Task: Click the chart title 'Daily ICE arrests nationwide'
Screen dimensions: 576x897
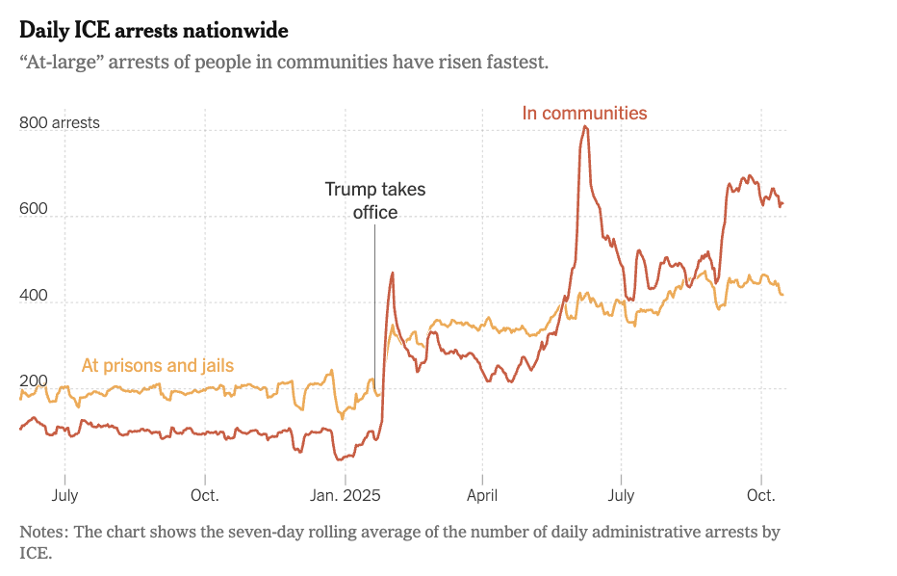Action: click(154, 31)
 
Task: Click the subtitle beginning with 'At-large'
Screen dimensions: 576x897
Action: click(284, 63)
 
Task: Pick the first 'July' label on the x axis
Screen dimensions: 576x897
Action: click(64, 495)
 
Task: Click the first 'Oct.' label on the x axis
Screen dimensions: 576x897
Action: click(205, 495)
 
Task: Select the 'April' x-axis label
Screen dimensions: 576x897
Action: click(483, 495)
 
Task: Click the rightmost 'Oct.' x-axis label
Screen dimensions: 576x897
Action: click(761, 495)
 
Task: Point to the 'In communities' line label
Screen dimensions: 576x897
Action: click(584, 113)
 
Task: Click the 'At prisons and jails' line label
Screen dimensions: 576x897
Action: click(158, 365)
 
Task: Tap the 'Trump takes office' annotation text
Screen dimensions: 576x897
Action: click(374, 200)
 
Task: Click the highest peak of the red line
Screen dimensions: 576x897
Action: click(585, 127)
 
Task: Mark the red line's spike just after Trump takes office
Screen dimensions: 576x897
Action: click(392, 274)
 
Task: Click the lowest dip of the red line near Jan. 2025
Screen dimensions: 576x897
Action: click(340, 458)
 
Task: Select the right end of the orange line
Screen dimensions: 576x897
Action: click(782, 295)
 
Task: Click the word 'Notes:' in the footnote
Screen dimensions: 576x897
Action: click(43, 532)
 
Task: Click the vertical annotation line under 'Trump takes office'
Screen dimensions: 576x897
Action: click(374, 308)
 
